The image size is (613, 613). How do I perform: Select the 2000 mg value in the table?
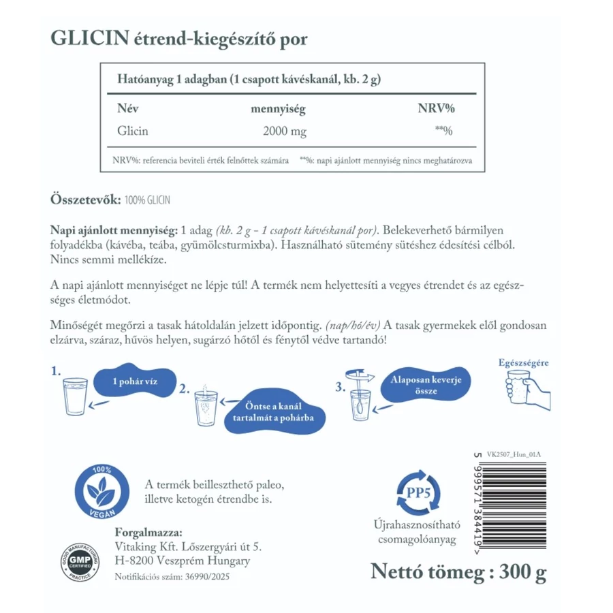[284, 131]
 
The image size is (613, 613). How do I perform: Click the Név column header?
[128, 108]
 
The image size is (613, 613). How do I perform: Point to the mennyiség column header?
[277, 108]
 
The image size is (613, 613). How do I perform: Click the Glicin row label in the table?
[133, 131]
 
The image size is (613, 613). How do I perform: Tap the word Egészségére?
[522, 362]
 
